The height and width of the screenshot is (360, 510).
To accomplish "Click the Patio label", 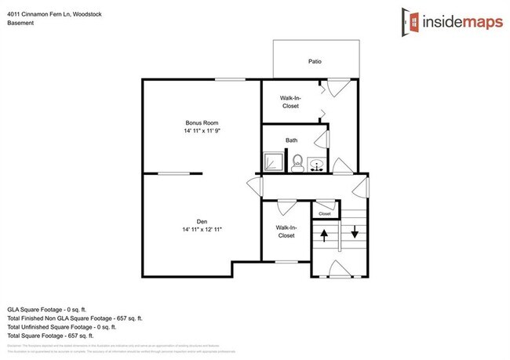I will coord(315,61).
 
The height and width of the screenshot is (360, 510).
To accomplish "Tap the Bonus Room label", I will coord(202,122).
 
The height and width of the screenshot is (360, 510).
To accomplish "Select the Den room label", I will coord(202,221).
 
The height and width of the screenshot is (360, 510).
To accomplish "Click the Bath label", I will coord(291,140).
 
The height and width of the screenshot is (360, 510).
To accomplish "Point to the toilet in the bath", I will coord(297,163).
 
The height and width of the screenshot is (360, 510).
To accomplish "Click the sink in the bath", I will coord(318,165).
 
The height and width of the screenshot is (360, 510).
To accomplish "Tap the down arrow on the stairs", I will coord(354,231).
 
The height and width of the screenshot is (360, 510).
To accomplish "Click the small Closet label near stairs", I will coord(325,213).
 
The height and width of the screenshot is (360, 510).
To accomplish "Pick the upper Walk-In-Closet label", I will coord(290,101).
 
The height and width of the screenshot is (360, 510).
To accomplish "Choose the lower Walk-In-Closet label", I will coord(285,231).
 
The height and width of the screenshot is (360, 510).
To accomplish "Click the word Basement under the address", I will coord(20,23).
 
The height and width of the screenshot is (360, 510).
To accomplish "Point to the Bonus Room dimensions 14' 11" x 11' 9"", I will coord(202,131).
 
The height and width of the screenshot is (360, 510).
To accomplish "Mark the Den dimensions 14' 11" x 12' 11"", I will coord(202,229).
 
